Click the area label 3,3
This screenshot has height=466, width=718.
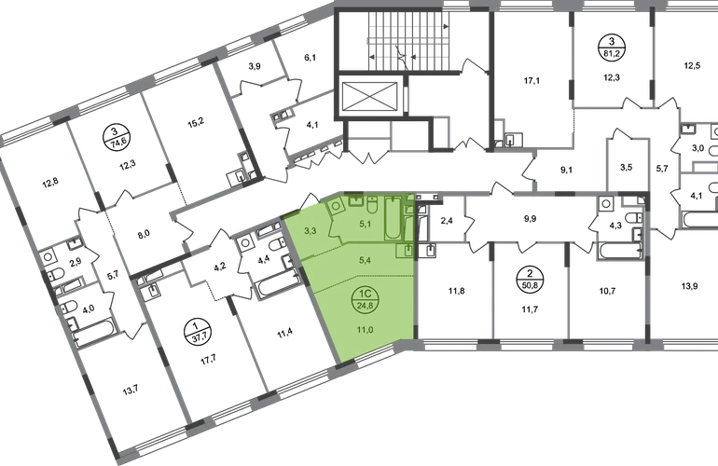click(x=311, y=229)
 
